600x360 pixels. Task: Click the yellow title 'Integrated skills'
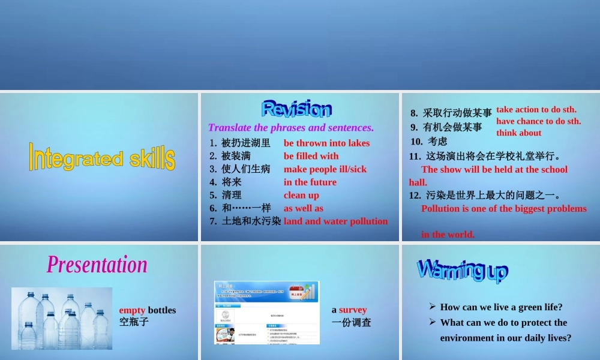(x=102, y=157)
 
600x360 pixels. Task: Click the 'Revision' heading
(x=296, y=109)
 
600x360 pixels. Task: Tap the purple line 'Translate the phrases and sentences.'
(x=290, y=127)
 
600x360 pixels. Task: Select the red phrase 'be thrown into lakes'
(x=326, y=143)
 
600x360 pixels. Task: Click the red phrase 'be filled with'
(x=311, y=156)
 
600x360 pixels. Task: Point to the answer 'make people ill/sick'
(x=325, y=169)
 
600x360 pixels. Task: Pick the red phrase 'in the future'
(x=310, y=182)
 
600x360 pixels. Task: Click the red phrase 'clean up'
(x=301, y=195)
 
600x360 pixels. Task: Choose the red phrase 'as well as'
(x=303, y=208)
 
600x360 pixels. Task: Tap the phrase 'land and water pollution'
(x=335, y=221)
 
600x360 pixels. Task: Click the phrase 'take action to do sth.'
(x=536, y=109)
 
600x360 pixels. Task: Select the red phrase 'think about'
(x=518, y=133)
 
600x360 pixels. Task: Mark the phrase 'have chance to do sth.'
(x=538, y=121)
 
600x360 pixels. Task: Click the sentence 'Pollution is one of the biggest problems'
(x=503, y=208)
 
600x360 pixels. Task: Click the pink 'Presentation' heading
(x=97, y=265)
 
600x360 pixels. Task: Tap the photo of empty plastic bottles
(x=62, y=318)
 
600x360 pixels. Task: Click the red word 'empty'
(x=132, y=310)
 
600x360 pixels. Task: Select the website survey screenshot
(x=266, y=312)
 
